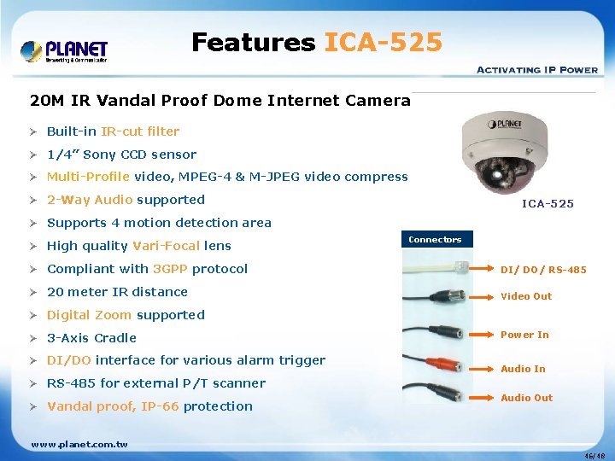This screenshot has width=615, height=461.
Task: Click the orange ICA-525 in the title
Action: (x=384, y=42)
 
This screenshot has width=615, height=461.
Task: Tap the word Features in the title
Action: (x=253, y=42)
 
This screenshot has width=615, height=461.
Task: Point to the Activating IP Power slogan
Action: (x=536, y=69)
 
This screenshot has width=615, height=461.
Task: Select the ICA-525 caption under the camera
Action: (x=548, y=203)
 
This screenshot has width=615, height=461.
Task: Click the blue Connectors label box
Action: (x=435, y=240)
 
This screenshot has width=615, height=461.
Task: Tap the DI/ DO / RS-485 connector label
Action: (x=543, y=270)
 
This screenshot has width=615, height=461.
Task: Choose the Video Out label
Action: (x=526, y=296)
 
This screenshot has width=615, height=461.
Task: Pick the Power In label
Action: (x=524, y=335)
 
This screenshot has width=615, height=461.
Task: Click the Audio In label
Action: (x=523, y=369)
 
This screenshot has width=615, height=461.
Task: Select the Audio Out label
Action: (x=526, y=398)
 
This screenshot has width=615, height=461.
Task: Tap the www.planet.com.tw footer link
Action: (x=79, y=444)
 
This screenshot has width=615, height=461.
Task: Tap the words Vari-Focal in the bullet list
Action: (x=167, y=246)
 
